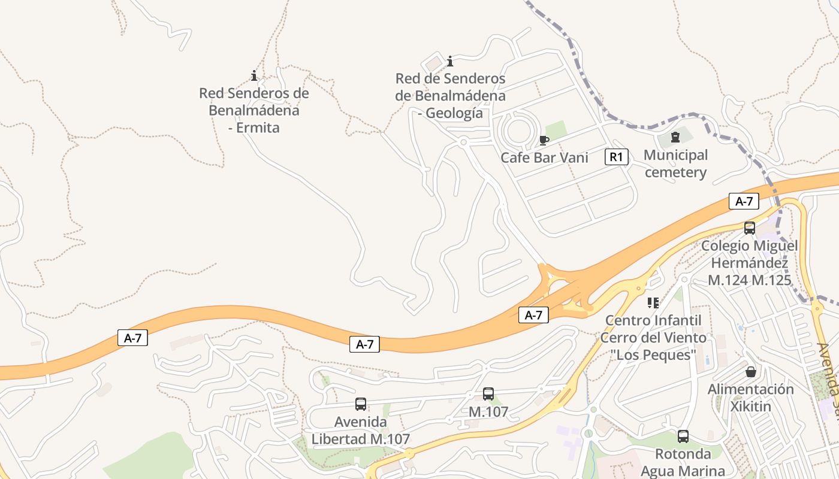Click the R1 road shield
point(617,157)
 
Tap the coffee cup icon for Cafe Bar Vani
point(544,140)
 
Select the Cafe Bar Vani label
point(544,157)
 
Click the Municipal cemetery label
point(675,164)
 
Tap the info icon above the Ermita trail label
point(254,76)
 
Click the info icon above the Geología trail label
point(450,61)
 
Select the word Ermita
point(254,128)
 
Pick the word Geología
point(451,113)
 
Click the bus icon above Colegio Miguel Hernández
point(749,228)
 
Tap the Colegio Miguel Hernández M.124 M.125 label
point(749,263)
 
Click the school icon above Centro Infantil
point(653,303)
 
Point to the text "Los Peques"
point(653,354)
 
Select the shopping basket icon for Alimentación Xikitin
point(750,372)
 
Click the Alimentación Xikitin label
point(750,398)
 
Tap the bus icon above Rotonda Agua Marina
point(683,436)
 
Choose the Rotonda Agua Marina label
point(683,462)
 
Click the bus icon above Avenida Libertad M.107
point(360,404)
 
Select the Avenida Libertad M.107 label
point(360,431)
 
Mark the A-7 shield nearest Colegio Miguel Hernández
point(744,202)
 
